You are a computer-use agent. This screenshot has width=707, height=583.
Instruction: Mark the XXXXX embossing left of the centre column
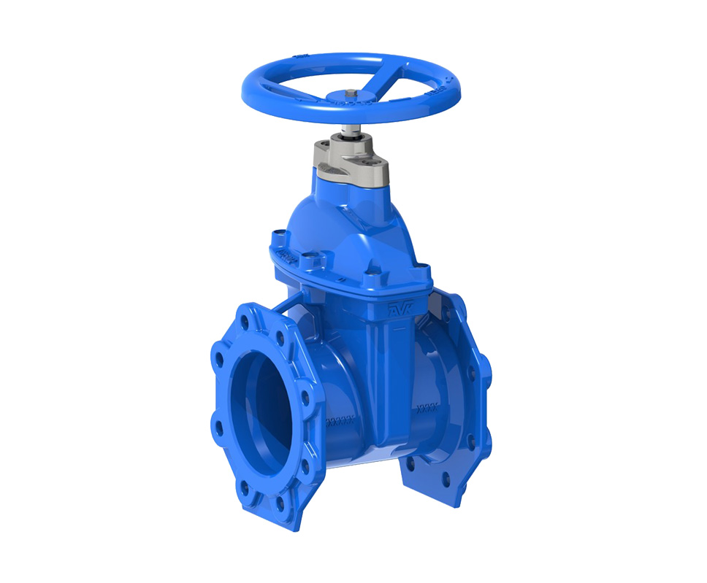point(338,422)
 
